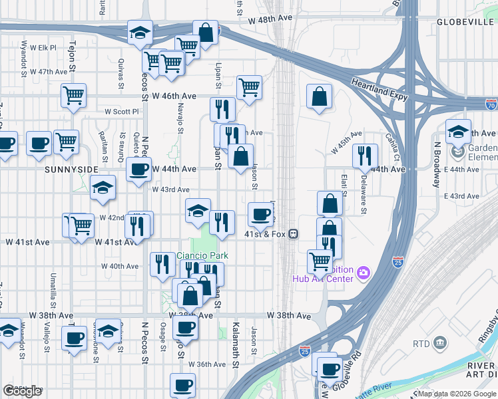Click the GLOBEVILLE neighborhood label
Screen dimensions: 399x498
[x=464, y=22]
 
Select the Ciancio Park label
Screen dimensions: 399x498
[x=202, y=256]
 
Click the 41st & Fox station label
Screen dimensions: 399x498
[x=266, y=234]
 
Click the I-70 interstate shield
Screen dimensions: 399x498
[x=491, y=105]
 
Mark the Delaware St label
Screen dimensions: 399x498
[x=364, y=195]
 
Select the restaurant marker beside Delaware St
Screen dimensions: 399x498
[x=364, y=156]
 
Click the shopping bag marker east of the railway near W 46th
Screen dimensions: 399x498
[x=320, y=96]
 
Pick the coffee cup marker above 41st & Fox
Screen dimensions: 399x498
[x=260, y=214]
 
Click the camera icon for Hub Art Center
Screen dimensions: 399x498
[x=363, y=272]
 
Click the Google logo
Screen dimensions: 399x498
[x=23, y=391]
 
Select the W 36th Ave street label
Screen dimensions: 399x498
[x=207, y=364]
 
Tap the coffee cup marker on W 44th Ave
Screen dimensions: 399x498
[x=139, y=170]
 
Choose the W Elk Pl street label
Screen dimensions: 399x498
[x=48, y=48]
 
